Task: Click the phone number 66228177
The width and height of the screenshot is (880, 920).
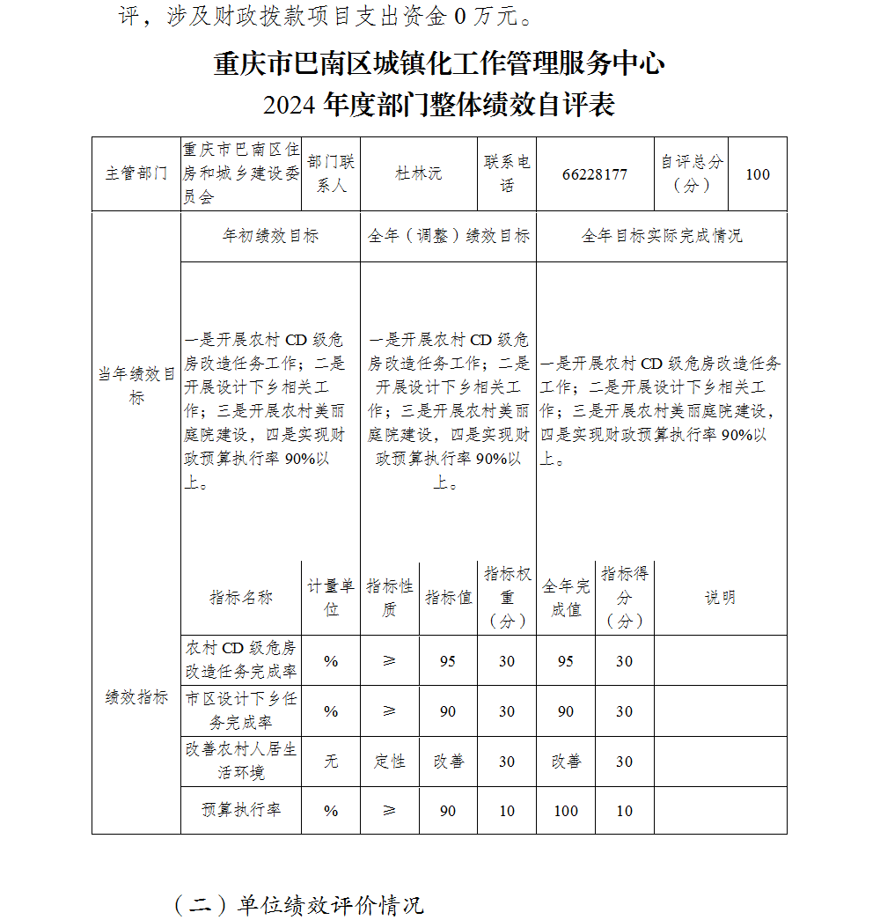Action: (x=595, y=174)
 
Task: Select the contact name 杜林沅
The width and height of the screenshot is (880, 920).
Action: (x=418, y=174)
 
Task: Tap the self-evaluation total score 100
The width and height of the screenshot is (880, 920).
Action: (x=758, y=174)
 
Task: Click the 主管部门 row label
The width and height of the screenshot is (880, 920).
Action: (x=136, y=174)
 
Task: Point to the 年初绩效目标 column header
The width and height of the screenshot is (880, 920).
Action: (x=270, y=236)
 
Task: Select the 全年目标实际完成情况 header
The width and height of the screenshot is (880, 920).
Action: (x=662, y=236)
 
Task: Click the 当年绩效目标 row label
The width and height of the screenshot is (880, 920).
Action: (x=136, y=386)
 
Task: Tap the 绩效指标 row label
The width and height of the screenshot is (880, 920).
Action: (x=136, y=697)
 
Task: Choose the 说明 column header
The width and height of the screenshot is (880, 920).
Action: (x=720, y=598)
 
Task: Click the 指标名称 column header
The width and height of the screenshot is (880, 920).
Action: (x=241, y=598)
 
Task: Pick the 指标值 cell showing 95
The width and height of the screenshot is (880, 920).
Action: (x=448, y=661)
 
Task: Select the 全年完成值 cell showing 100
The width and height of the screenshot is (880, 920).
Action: (x=566, y=811)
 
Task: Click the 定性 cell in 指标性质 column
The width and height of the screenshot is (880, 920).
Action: (x=390, y=762)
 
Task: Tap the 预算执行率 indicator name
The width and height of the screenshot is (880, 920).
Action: (x=241, y=810)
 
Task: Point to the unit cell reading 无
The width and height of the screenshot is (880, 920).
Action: (x=331, y=762)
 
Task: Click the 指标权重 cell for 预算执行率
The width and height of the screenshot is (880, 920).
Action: (x=507, y=811)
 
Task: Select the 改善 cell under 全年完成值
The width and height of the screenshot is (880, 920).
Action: (x=566, y=762)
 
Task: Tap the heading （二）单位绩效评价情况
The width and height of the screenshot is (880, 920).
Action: (x=299, y=905)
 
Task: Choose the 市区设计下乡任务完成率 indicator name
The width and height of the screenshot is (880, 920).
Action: (x=241, y=710)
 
